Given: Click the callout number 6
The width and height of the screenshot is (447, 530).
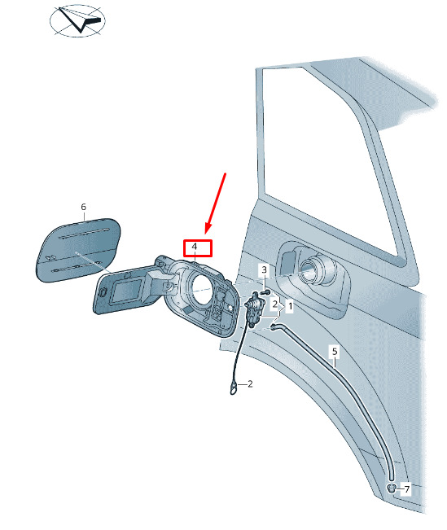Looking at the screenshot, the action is click(84, 207).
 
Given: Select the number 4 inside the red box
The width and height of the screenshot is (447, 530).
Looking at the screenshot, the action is click(195, 247).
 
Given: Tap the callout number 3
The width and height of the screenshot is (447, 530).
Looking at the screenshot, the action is click(265, 269).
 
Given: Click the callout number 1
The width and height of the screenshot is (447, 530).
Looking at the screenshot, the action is click(290, 307).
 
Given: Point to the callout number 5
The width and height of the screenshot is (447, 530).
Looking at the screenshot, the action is click(335, 351).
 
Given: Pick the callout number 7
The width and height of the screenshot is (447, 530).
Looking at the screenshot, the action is click(407, 488).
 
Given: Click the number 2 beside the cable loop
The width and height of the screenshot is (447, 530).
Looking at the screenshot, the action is click(250, 384).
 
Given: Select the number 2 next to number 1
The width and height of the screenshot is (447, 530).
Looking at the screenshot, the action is click(275, 304).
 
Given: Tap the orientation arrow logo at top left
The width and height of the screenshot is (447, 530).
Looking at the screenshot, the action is click(78, 20).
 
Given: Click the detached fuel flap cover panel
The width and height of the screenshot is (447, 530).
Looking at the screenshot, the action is click(78, 248).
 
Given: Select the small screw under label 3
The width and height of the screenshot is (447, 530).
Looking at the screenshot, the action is click(266, 291).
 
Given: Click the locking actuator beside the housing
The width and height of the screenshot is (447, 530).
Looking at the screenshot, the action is click(253, 309).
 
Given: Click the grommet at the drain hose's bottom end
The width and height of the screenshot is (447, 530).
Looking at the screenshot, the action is click(392, 488).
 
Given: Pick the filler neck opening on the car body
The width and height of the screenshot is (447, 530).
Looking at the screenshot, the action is click(311, 269).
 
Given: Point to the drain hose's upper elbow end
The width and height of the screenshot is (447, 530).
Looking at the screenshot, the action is click(274, 326).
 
